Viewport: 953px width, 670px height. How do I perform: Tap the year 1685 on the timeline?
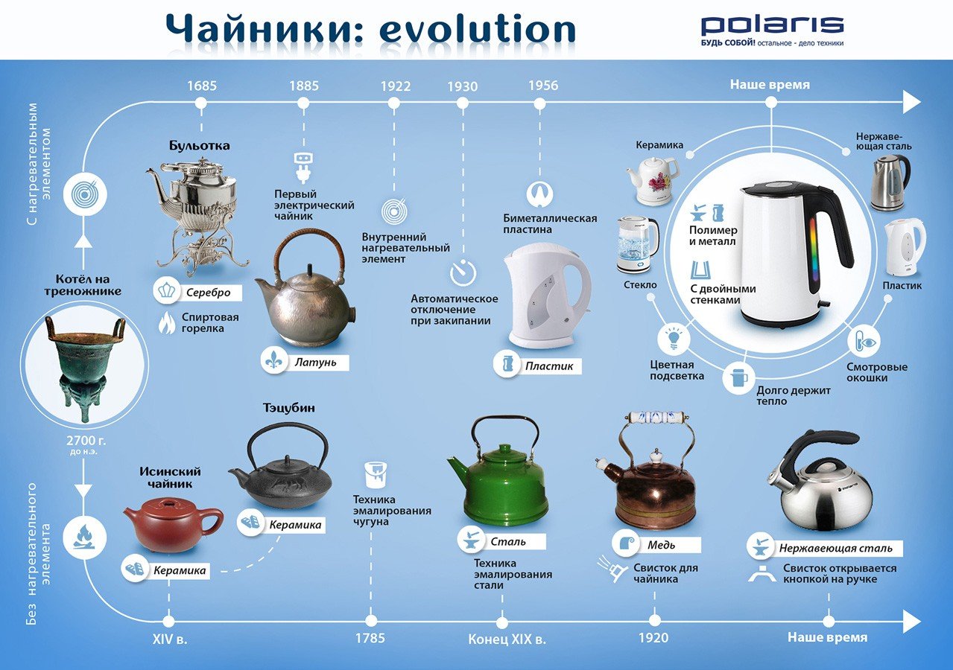point(202,86)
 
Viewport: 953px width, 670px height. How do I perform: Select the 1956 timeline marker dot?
point(539,103)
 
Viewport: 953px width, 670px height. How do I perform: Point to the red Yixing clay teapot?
point(173,523)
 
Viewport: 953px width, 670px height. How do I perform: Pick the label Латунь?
point(315,363)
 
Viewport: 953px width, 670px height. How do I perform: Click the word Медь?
point(661,545)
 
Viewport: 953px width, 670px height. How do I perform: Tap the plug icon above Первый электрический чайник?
point(303,167)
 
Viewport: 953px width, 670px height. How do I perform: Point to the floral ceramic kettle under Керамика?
point(651,181)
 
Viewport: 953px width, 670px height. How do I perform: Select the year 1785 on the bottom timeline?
point(370,638)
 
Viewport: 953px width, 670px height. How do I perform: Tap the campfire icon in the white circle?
point(85,537)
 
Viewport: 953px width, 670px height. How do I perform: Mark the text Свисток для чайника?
point(665,573)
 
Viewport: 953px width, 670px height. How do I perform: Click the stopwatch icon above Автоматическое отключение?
point(463,272)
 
